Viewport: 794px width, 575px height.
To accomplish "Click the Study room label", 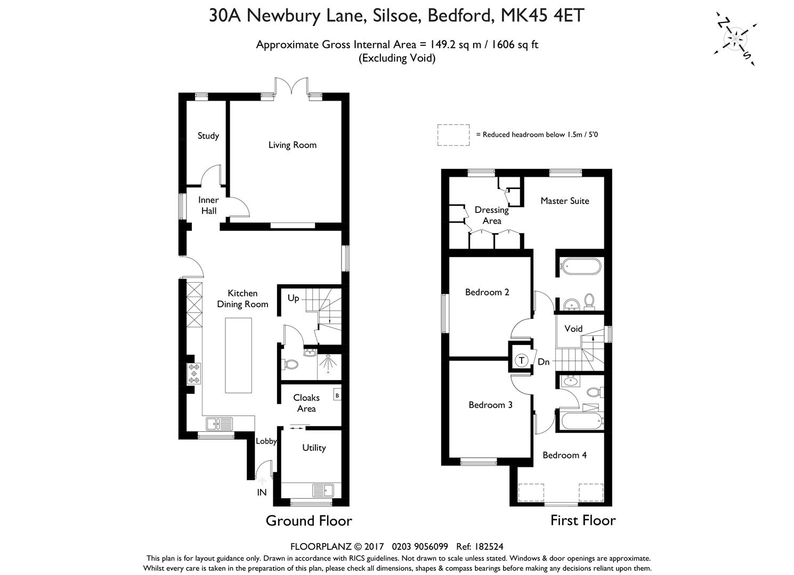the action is click(x=208, y=136).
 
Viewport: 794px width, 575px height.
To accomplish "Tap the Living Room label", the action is click(x=292, y=145).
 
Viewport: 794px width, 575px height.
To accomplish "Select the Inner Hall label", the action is click(x=208, y=206).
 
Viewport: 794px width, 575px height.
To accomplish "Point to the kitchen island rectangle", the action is click(x=239, y=356).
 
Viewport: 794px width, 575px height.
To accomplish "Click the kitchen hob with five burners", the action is click(x=194, y=374).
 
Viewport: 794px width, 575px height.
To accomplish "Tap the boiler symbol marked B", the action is click(x=337, y=396).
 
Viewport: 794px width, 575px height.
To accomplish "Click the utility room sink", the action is click(x=323, y=491).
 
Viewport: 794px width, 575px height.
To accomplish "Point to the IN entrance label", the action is click(x=262, y=492).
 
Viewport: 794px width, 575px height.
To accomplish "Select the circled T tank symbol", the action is click(x=521, y=361).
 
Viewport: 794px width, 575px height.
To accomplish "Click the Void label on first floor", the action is click(x=573, y=328).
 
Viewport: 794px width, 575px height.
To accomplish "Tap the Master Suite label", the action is click(x=565, y=201).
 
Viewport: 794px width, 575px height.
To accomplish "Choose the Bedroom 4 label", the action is click(x=564, y=455).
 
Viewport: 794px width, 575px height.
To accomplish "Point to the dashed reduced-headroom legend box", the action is click(x=453, y=135).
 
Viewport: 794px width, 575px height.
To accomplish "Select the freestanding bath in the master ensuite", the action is click(x=580, y=266).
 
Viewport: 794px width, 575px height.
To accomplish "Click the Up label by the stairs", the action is click(x=293, y=298).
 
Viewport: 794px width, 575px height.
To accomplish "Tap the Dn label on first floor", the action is click(x=544, y=362).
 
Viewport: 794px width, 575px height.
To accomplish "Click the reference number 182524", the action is click(x=489, y=547).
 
